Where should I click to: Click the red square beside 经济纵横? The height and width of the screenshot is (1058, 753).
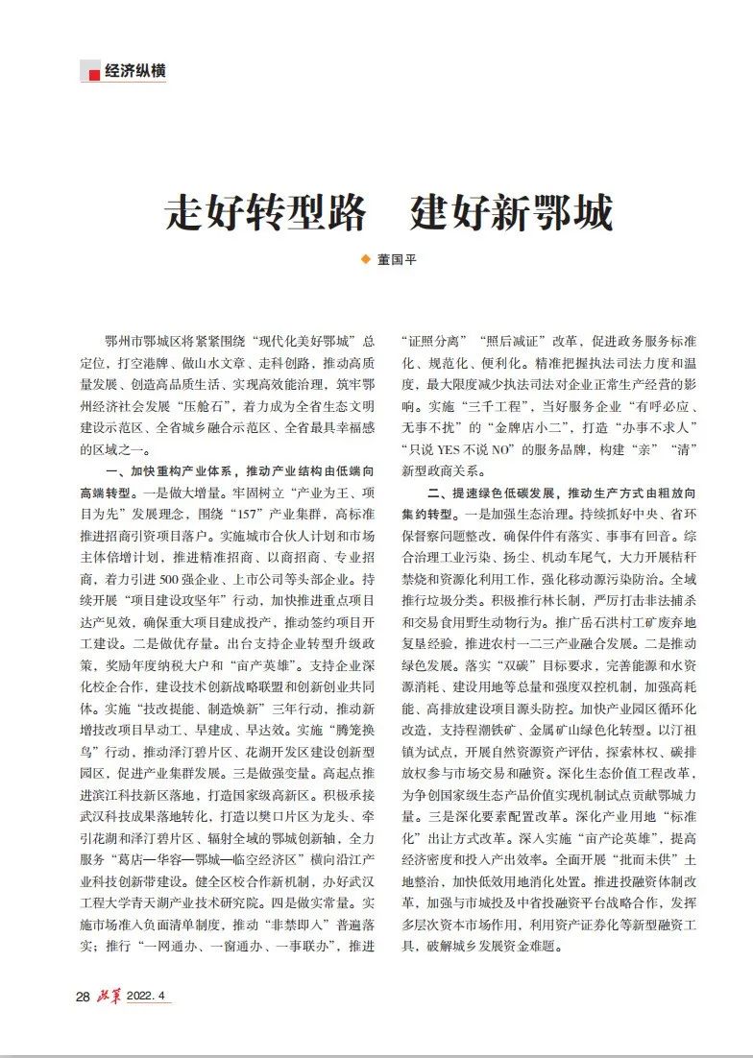93,73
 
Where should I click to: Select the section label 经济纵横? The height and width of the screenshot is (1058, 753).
135,72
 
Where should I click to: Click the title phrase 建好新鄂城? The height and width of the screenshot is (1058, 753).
511,211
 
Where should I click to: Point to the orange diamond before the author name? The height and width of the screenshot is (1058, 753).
364,258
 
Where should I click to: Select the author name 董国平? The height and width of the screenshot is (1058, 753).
397,259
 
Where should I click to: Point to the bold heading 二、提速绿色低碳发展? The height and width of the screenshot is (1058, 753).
493,492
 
